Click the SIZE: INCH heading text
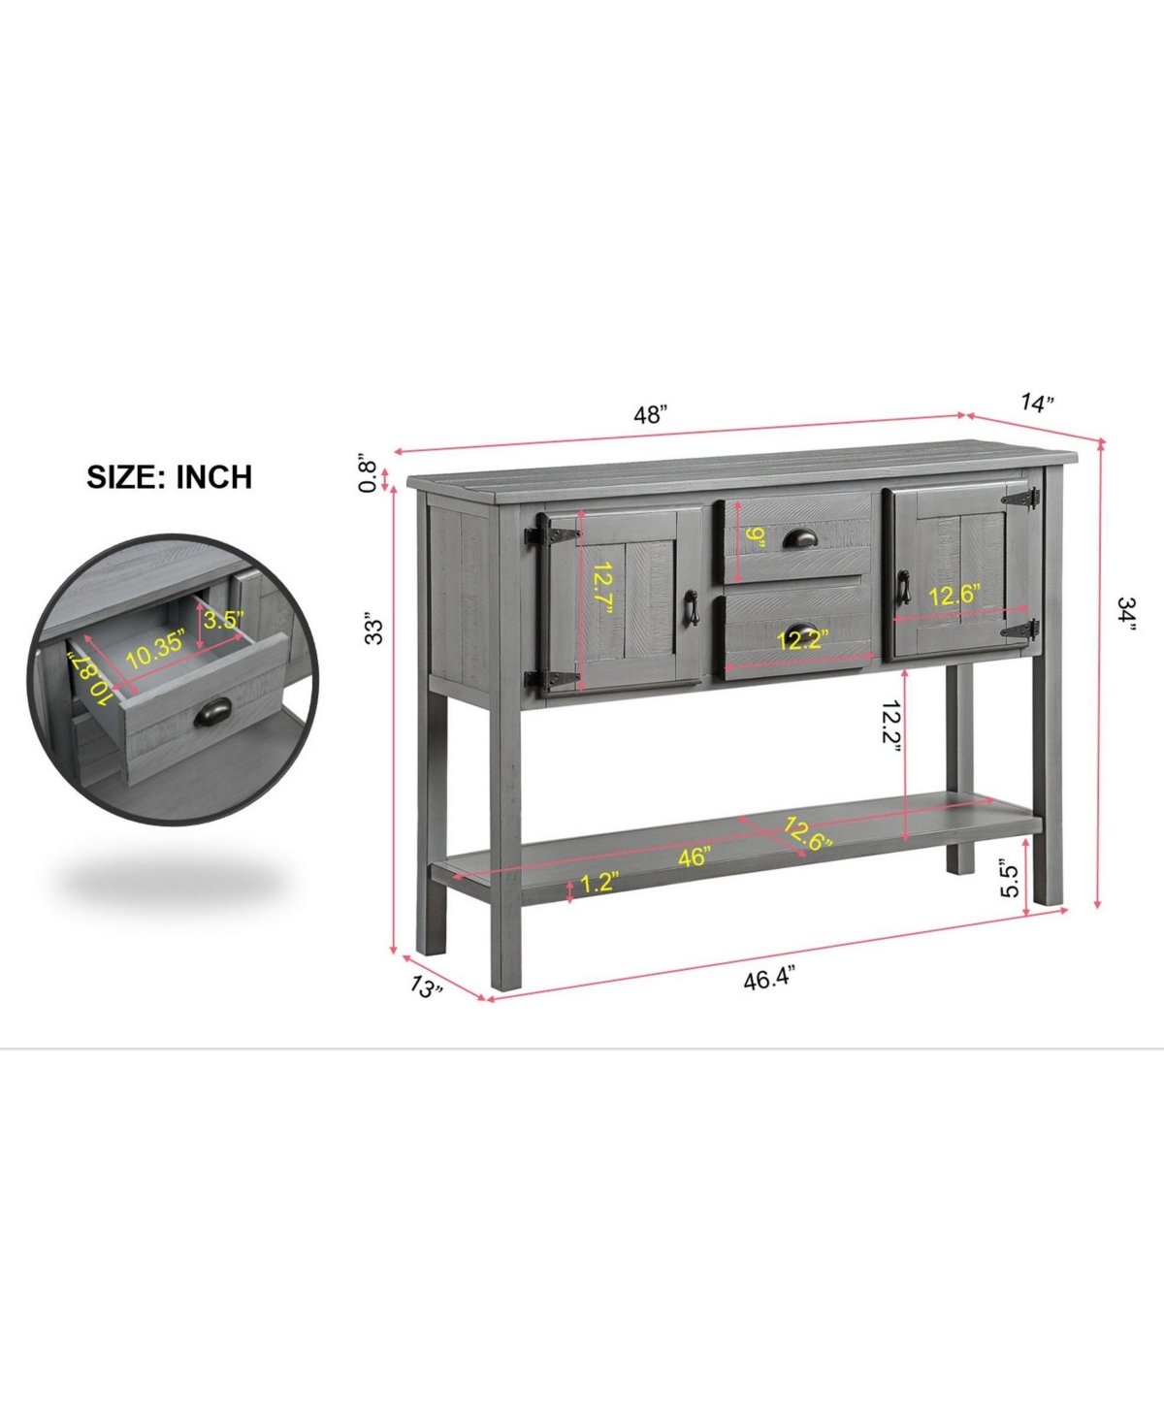[170, 476]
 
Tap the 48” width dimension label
[650, 414]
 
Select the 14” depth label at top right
[1037, 403]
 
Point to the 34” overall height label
[1125, 614]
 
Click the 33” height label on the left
[372, 629]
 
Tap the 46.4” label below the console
[769, 979]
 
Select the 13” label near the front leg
[426, 987]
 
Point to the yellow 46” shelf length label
[695, 856]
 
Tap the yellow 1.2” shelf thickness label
[599, 883]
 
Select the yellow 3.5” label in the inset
[223, 620]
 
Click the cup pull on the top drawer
[800, 538]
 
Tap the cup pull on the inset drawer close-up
[212, 712]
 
